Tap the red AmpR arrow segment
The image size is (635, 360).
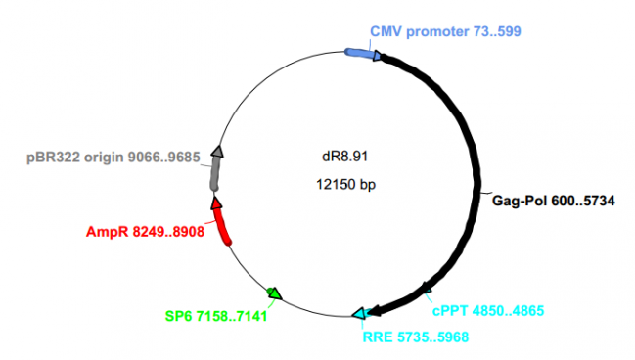tap(223, 224)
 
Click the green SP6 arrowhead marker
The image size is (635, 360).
tap(275, 292)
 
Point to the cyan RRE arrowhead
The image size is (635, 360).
tap(360, 313)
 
